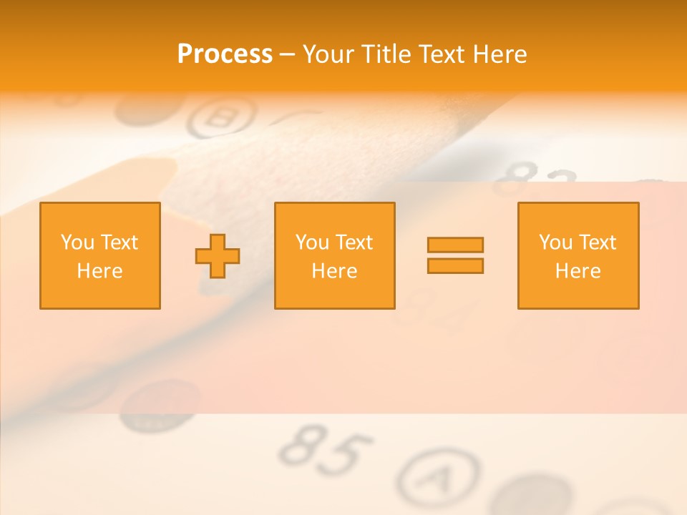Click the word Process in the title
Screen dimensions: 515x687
225,54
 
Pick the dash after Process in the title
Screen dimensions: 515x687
287,55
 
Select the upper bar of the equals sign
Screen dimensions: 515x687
455,245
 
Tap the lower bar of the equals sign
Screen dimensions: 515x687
455,266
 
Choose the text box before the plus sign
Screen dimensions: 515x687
100,255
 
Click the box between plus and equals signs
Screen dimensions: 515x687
335,255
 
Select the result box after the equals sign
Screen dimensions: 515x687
578,255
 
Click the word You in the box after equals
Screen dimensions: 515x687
555,242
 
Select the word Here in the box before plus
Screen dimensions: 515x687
100,271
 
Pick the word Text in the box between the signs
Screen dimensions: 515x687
353,242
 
